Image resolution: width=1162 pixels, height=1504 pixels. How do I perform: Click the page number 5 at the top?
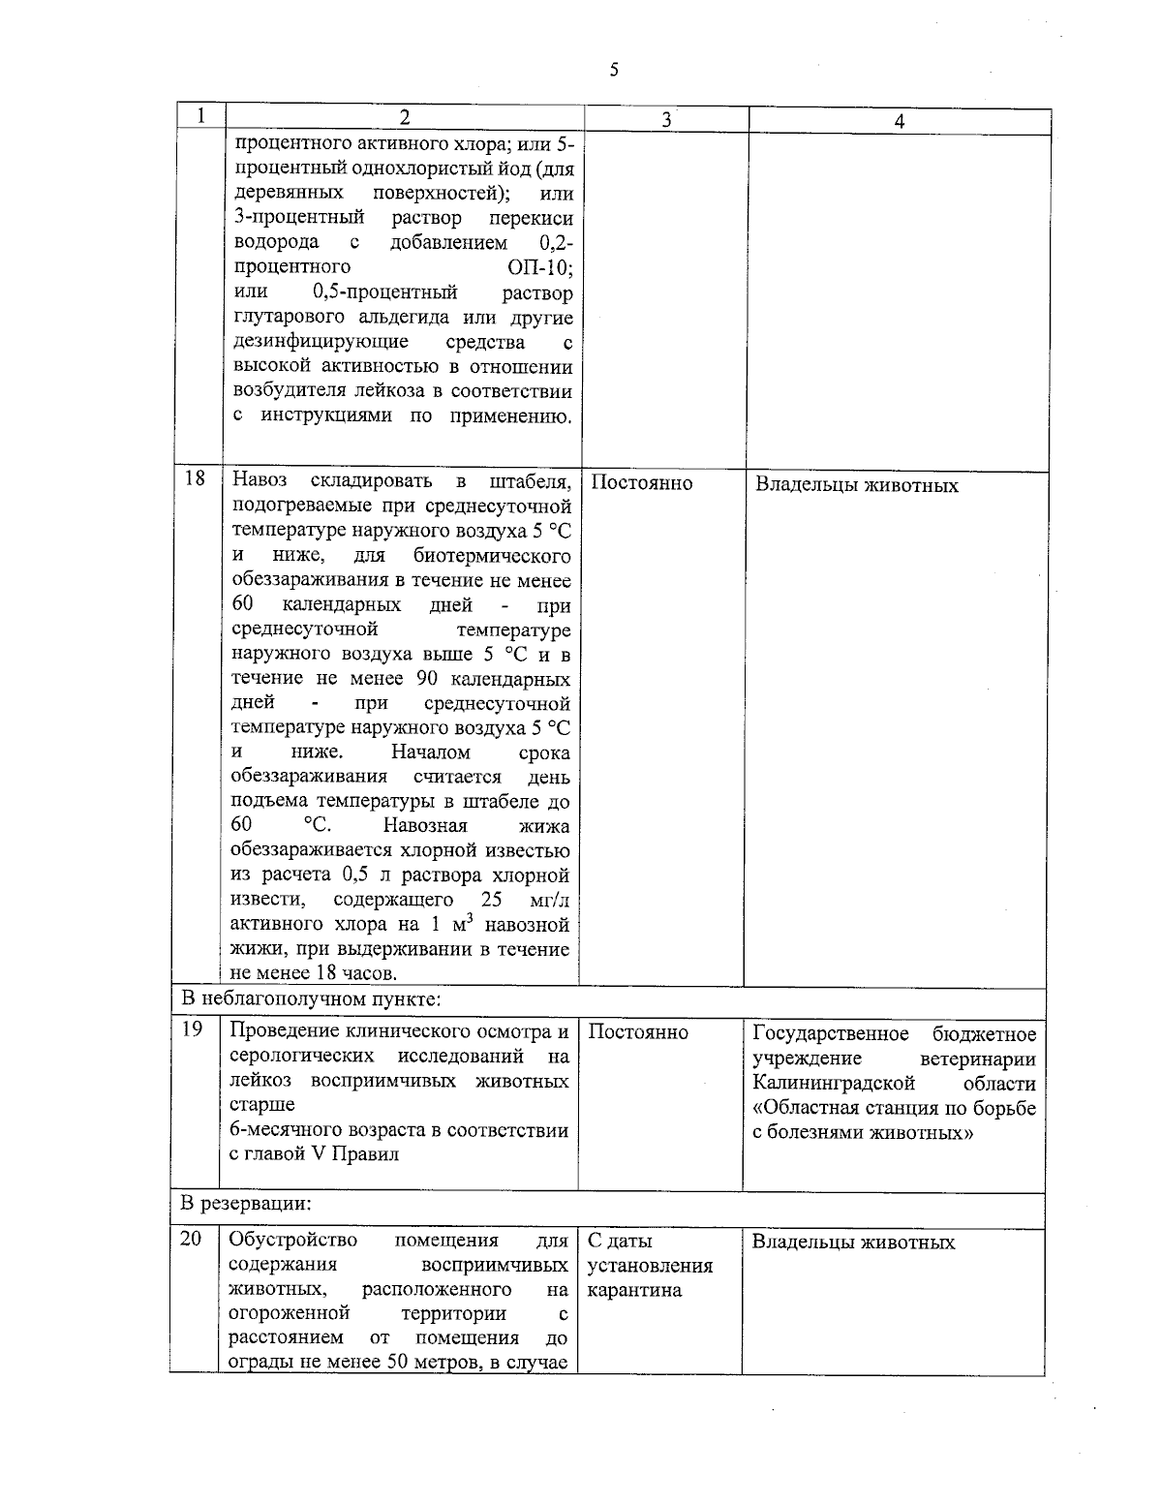pyautogui.click(x=614, y=70)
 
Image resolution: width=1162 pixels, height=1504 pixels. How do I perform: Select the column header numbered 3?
pyautogui.click(x=666, y=120)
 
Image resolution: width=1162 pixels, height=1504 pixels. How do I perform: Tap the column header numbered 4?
pyautogui.click(x=900, y=122)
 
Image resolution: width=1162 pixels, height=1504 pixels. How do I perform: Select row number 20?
pyautogui.click(x=191, y=1240)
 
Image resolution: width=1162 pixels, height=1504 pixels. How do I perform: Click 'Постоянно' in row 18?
pyautogui.click(x=641, y=483)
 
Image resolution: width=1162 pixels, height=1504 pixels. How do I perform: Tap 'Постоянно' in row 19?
pyautogui.click(x=638, y=1032)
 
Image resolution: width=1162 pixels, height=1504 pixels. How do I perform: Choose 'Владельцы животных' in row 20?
pyautogui.click(x=853, y=1243)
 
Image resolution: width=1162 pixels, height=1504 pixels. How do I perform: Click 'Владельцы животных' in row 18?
pyautogui.click(x=856, y=485)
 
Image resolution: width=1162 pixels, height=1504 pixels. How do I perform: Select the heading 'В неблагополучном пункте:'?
pyautogui.click(x=313, y=998)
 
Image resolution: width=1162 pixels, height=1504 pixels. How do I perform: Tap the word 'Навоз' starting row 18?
pyautogui.click(x=260, y=481)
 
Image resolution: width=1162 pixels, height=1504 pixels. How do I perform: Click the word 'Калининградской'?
pyautogui.click(x=834, y=1083)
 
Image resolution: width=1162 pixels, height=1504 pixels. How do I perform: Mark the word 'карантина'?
pyautogui.click(x=634, y=1291)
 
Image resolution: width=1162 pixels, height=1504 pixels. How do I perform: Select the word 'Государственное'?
pyautogui.click(x=831, y=1034)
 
